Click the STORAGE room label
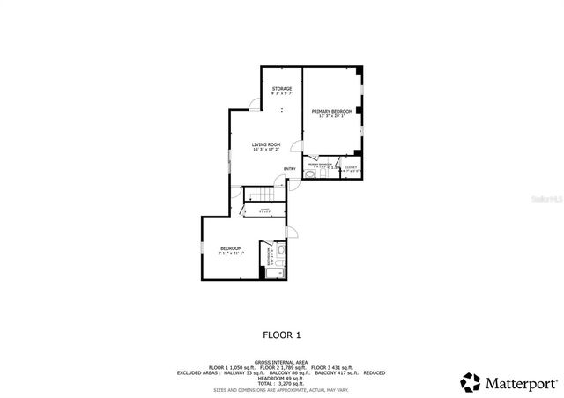tap(282, 89)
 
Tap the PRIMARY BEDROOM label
tap(331, 111)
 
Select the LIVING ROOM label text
tap(265, 144)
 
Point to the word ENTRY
tap(289, 169)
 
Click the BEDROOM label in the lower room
tap(231, 248)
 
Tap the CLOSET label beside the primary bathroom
tap(351, 166)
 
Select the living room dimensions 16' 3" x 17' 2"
tap(265, 150)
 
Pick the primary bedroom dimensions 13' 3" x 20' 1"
tap(331, 116)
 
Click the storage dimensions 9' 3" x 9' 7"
tap(282, 93)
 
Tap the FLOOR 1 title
tap(283, 335)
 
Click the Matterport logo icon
tap(471, 383)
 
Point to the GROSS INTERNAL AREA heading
tap(282, 362)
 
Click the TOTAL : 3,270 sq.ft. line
tap(282, 382)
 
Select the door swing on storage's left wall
tap(254, 105)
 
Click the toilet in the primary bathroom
tap(309, 174)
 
